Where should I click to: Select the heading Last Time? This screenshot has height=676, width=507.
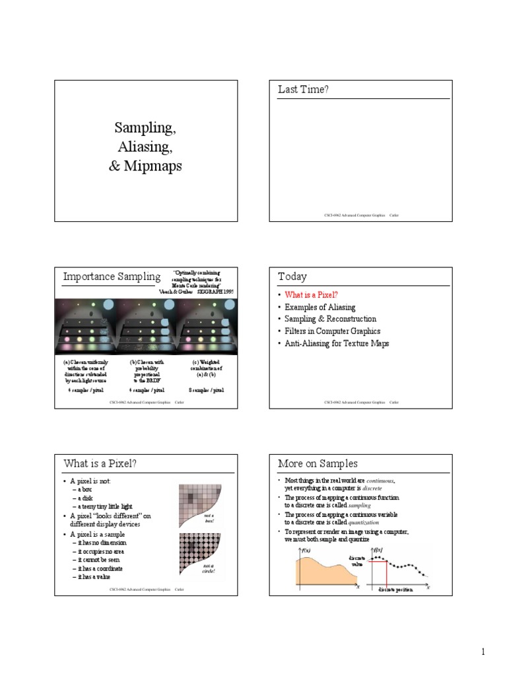(x=303, y=90)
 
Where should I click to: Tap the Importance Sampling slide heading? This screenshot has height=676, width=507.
(x=112, y=277)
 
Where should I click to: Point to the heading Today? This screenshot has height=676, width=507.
(x=292, y=277)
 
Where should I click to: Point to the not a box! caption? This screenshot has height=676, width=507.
(x=209, y=519)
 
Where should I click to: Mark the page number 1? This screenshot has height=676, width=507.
(x=483, y=652)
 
